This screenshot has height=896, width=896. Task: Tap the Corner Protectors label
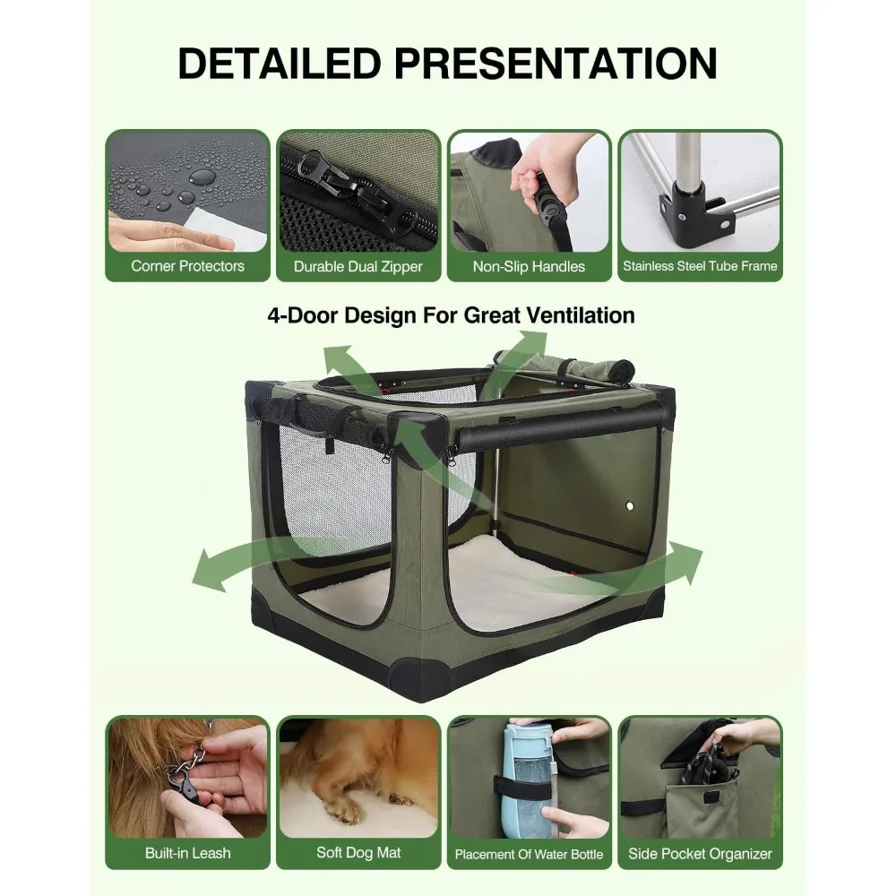click(x=187, y=266)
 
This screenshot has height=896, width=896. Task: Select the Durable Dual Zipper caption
click(x=358, y=266)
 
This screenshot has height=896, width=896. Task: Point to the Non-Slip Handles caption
click(x=529, y=266)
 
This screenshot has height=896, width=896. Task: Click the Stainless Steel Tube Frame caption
click(x=700, y=266)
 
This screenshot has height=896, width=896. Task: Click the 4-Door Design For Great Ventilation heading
click(x=451, y=315)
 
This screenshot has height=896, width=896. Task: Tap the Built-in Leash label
click(x=187, y=853)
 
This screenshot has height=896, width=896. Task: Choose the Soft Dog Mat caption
click(x=358, y=853)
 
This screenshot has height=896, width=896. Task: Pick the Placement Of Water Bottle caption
click(x=529, y=854)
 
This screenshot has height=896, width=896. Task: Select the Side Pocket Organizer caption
click(x=700, y=853)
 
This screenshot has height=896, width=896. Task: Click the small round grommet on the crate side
click(x=633, y=507)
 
